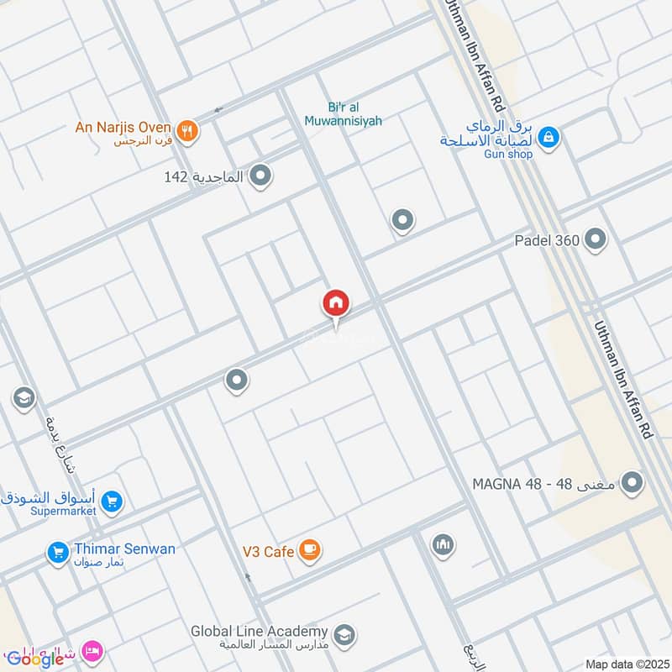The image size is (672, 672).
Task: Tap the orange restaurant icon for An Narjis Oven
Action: [x=187, y=130]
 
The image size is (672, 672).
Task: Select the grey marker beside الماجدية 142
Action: [x=261, y=176]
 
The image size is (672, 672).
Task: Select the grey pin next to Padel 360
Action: [x=596, y=239]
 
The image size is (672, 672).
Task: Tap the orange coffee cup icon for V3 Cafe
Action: [x=310, y=550]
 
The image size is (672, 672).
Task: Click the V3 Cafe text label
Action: [x=267, y=552]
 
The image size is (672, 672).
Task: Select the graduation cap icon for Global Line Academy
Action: [x=343, y=634]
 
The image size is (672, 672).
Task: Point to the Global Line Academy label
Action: [x=259, y=631]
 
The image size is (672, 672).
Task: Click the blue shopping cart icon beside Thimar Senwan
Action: [x=58, y=552]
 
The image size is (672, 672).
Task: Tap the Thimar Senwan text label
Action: [x=125, y=549]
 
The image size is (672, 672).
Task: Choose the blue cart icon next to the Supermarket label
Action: [x=112, y=503]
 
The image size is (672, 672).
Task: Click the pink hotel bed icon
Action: [x=92, y=651]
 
